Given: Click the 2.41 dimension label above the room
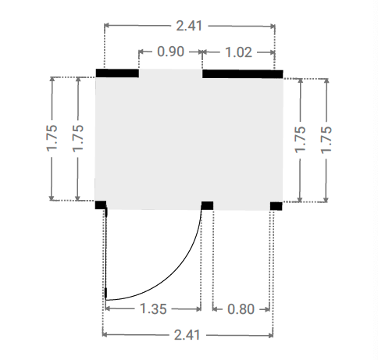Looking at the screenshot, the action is (189, 26).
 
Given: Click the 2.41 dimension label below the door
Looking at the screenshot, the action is (187, 335).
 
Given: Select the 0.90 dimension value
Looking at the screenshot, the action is (171, 52).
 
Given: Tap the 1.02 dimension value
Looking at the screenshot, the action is (238, 52).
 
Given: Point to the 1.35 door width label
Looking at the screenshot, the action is (153, 308).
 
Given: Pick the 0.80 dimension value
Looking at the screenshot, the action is (241, 309).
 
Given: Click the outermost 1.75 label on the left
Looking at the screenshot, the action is (52, 138).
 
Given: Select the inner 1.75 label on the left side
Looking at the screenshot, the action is (78, 138).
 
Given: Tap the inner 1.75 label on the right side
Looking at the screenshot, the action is (300, 140).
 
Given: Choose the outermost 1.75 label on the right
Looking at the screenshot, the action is (326, 140).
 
